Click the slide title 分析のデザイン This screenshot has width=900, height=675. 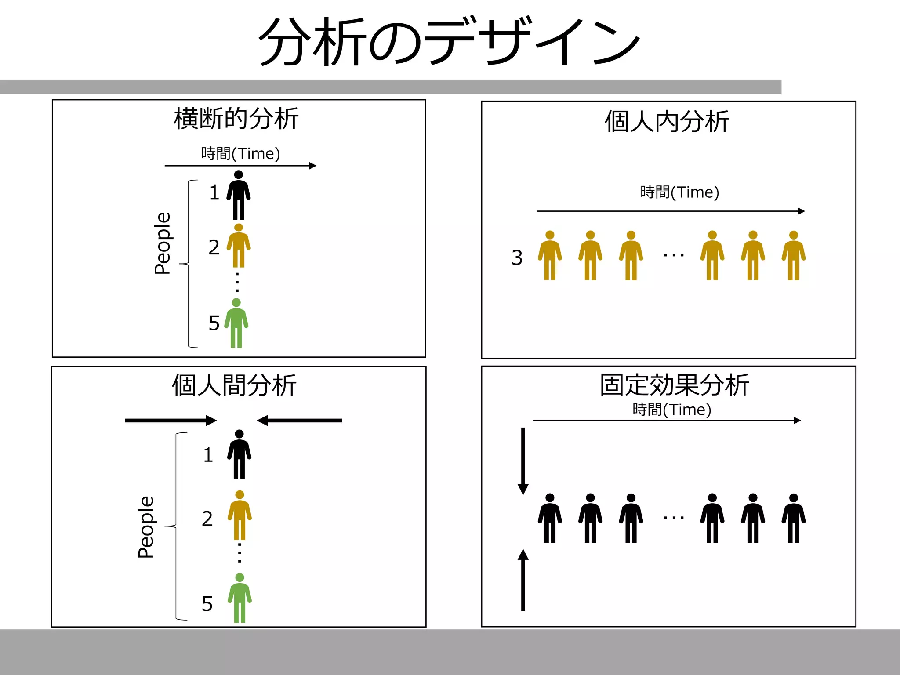[x=449, y=43]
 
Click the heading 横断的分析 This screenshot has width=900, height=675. [x=236, y=119]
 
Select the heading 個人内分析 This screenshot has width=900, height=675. [x=667, y=122]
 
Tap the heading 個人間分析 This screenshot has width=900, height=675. [x=234, y=385]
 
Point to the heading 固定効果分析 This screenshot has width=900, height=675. [x=674, y=385]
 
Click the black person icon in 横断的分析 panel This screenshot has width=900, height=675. [x=239, y=195]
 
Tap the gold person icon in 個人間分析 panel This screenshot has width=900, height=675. [x=240, y=515]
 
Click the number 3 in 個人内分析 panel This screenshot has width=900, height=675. [x=517, y=258]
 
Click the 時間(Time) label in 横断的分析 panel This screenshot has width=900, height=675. [x=240, y=154]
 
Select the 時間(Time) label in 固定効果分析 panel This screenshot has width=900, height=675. [x=671, y=410]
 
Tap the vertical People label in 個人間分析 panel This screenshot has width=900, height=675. [x=146, y=527]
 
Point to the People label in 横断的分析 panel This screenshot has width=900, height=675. [x=163, y=243]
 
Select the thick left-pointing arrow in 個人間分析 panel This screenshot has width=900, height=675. [x=299, y=421]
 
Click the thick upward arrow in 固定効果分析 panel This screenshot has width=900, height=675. [x=523, y=580]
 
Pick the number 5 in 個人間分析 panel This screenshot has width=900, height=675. [x=207, y=604]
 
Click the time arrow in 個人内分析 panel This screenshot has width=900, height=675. [x=670, y=211]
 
